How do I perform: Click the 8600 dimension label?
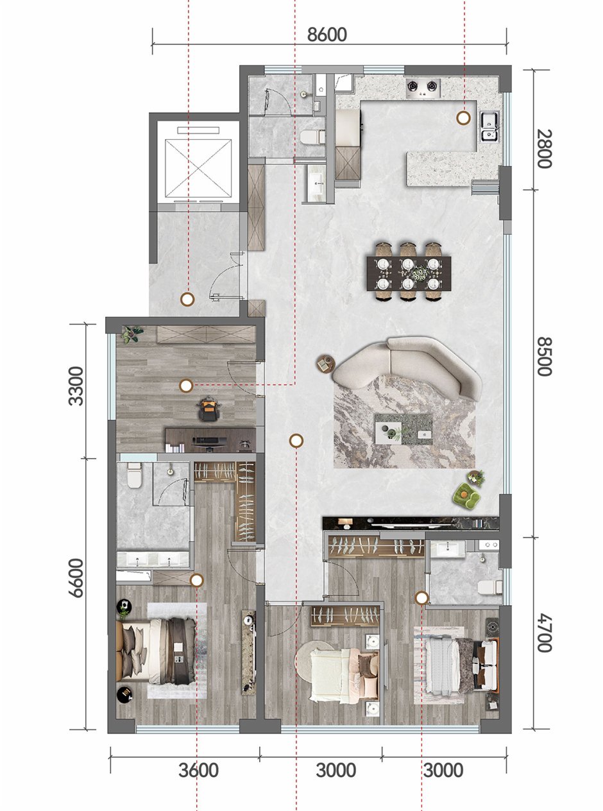pos(327,35)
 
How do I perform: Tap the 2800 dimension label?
pos(544,149)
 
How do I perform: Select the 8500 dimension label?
pos(544,357)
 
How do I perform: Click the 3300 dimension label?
pos(76,386)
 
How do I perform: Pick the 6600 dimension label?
pos(76,578)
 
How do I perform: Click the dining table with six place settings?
pos(409,273)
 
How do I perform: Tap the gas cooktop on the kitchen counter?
pos(423,88)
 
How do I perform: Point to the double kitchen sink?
pos(489,126)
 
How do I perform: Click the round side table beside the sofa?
pos(325,364)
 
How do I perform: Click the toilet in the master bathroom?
pos(135,475)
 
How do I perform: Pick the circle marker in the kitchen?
pos(464,118)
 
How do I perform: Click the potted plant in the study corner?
pos(132,334)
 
